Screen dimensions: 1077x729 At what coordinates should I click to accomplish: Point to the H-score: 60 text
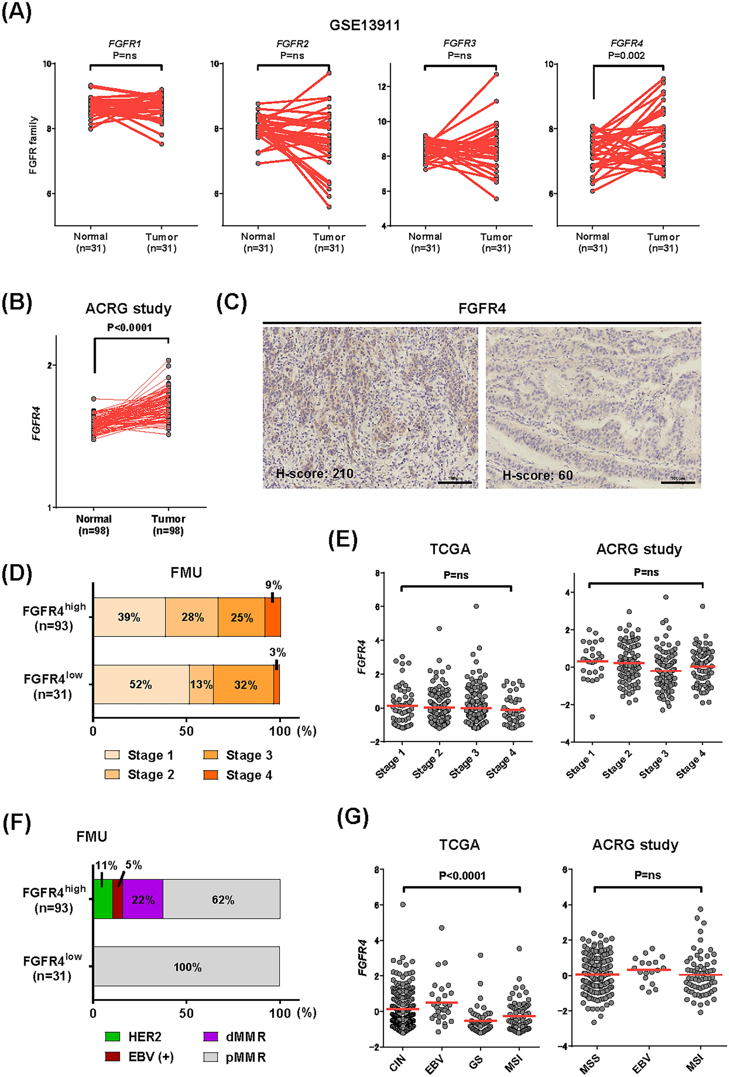[537, 475]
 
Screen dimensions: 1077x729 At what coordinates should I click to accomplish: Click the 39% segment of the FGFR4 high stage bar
[129, 617]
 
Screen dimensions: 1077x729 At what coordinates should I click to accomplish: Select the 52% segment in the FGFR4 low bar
[141, 685]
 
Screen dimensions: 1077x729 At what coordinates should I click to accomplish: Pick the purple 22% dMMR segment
[143, 900]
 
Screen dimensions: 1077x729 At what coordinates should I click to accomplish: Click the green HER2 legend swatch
[112, 1036]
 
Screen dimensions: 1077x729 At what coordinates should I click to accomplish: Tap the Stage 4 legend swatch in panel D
[210, 775]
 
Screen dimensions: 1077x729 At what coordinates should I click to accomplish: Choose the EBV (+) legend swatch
[112, 1056]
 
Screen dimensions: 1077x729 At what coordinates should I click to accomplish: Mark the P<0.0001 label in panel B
[129, 328]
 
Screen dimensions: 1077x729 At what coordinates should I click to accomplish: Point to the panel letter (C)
[231, 303]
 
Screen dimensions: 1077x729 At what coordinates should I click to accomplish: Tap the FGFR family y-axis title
[33, 145]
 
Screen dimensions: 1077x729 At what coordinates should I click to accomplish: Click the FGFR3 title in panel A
[459, 43]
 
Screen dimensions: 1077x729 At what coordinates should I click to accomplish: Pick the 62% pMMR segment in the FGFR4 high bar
[223, 900]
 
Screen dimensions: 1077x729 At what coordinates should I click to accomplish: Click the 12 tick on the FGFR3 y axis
[383, 87]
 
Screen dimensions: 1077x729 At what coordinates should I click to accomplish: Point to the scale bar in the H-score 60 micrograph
[677, 482]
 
